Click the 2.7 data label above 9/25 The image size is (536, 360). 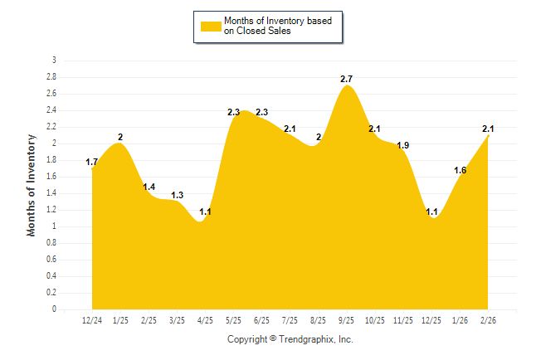347,79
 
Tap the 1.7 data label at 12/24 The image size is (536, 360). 92,163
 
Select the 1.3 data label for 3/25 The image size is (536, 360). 178,195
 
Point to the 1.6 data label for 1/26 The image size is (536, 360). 460,170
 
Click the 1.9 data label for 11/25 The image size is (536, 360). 403,145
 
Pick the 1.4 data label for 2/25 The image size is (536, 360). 149,187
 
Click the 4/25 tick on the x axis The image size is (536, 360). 205,320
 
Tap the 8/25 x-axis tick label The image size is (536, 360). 318,320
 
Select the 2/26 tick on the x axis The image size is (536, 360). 488,320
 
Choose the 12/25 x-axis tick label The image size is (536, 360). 431,320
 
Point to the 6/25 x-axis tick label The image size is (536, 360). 261,320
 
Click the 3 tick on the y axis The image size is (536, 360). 54,61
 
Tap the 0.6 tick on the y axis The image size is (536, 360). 51,260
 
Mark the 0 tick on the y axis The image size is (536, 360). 54,309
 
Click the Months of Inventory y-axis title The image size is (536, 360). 32,185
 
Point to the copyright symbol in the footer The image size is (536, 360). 273,339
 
